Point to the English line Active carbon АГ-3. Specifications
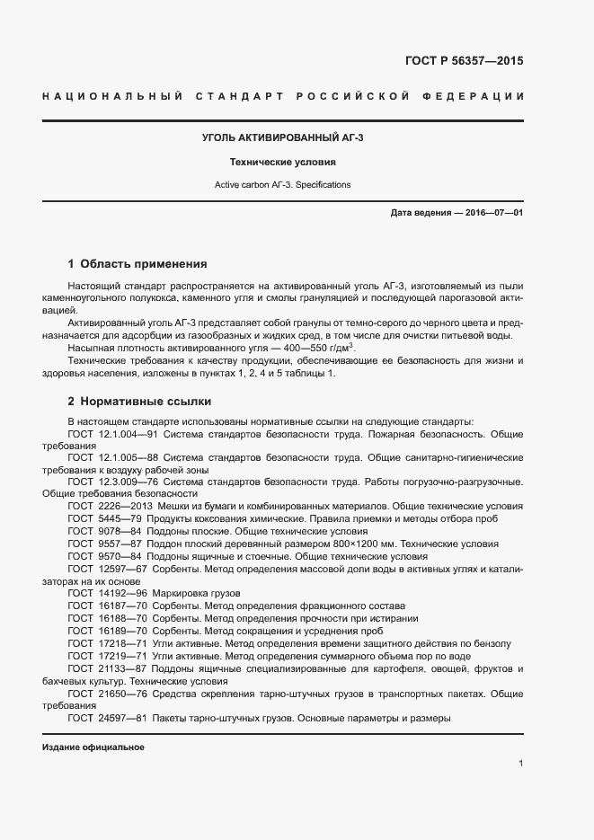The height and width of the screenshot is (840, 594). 282,184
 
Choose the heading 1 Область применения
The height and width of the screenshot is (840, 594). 137,264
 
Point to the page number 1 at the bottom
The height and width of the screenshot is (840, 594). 520,764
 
